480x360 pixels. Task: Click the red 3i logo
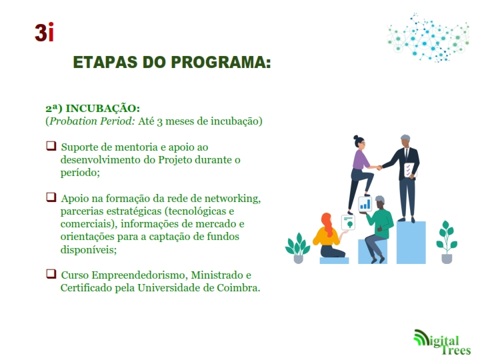tap(45, 32)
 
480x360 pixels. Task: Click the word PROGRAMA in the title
tap(221, 62)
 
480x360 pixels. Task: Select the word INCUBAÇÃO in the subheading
tap(103, 108)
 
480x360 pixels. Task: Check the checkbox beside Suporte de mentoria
tap(51, 146)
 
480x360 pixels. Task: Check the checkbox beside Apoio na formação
tap(51, 197)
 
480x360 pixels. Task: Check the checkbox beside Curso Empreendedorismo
tap(51, 274)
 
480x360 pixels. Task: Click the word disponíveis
tap(89, 249)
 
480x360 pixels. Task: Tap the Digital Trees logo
tap(442, 342)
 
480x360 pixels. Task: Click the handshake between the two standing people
tap(379, 167)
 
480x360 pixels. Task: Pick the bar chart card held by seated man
tap(365, 203)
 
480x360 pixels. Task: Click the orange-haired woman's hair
tap(327, 224)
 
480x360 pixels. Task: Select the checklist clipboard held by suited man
tap(409, 170)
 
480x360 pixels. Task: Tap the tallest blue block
tap(411, 243)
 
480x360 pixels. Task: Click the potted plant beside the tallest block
tap(447, 242)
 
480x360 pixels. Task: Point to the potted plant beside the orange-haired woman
tap(297, 248)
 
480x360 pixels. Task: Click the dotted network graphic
tap(428, 37)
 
